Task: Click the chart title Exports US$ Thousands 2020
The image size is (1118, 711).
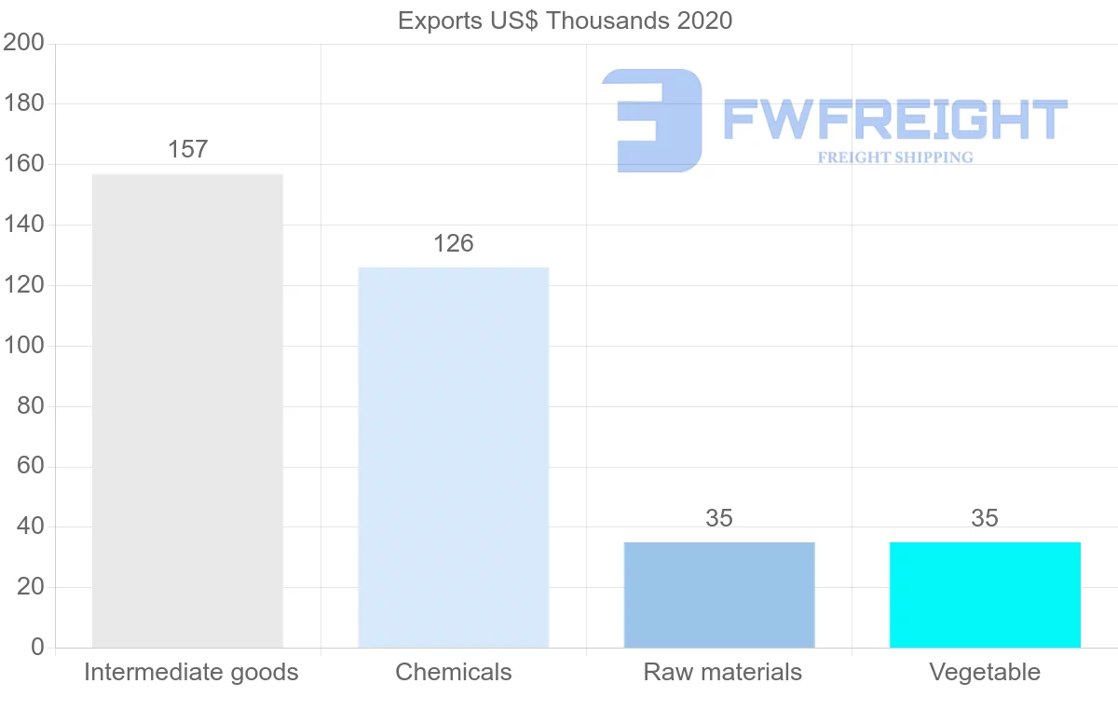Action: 565,21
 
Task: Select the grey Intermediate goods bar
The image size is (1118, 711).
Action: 187,410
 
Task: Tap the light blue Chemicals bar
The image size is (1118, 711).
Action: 453,457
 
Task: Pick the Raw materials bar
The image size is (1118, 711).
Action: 719,595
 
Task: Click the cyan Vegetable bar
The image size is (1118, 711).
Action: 985,595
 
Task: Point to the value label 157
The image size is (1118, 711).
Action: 187,149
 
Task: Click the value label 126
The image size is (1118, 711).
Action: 453,243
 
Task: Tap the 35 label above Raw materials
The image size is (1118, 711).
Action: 719,518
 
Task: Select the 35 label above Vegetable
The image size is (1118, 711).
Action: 985,518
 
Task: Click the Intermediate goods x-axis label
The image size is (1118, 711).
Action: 191,672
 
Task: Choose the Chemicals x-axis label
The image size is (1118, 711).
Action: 454,672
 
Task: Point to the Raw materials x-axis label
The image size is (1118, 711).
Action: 722,672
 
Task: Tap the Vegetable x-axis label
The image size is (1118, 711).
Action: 985,672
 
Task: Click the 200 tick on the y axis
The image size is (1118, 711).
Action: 24,43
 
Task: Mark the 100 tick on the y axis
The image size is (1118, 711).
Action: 24,346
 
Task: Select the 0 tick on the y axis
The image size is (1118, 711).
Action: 37,648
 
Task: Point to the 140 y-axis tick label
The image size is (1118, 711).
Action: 24,225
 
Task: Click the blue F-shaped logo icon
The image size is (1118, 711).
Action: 652,120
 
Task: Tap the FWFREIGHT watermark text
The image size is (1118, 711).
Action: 894,119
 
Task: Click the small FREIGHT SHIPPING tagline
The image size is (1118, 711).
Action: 895,157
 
